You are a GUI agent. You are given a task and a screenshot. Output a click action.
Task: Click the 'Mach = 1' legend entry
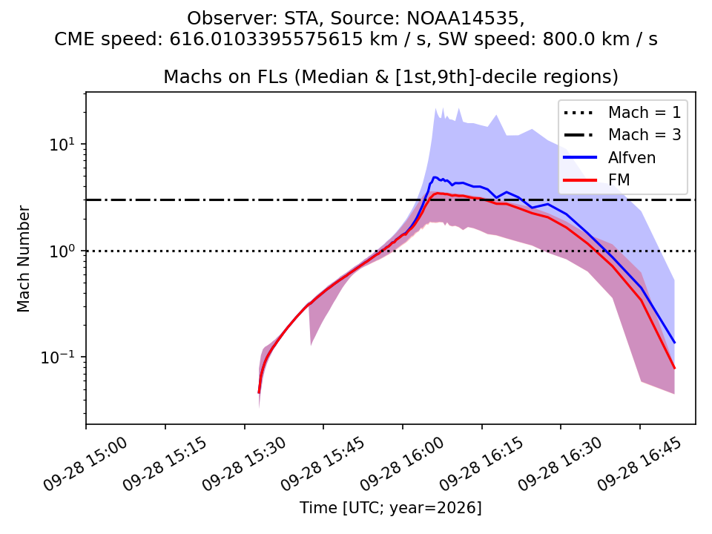[622, 112]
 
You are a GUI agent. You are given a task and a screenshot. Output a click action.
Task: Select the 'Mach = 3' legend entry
[622, 135]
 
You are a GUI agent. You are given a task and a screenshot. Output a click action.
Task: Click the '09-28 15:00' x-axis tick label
[86, 464]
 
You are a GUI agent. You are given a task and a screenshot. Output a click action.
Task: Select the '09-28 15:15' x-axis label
[165, 464]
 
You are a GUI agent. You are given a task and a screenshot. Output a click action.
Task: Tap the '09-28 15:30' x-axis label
[245, 464]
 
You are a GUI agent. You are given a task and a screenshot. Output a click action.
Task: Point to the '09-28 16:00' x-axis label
[403, 464]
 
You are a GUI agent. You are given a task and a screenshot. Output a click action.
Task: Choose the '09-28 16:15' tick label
[482, 464]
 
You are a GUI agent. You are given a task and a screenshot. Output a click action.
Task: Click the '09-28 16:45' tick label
[640, 464]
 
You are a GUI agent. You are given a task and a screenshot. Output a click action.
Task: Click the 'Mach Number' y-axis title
[24, 259]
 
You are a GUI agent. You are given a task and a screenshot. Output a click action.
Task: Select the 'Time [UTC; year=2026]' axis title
[391, 507]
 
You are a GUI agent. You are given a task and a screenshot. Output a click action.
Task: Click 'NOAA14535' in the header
[463, 18]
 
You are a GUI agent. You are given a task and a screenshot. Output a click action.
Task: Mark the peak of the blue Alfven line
[435, 177]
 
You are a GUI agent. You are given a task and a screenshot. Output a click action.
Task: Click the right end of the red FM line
[674, 368]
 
